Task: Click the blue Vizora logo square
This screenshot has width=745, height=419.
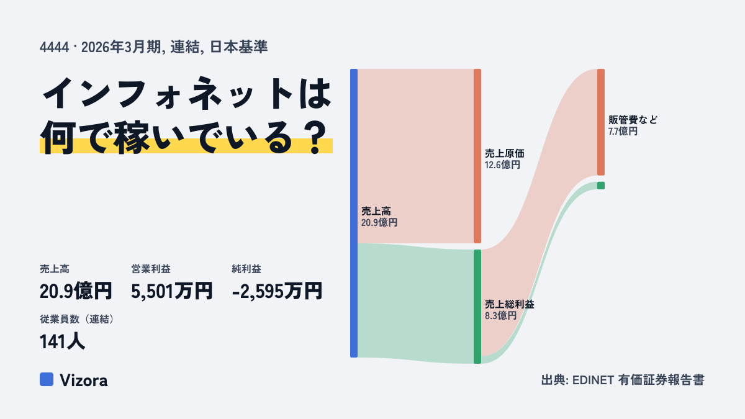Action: point(47,379)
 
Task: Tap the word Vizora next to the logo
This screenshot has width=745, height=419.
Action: point(84,381)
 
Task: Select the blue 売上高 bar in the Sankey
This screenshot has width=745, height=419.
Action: point(354,213)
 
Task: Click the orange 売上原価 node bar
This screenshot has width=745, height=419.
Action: point(477,156)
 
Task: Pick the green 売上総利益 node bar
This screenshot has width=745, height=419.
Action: point(477,307)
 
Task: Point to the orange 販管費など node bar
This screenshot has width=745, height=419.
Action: point(601,122)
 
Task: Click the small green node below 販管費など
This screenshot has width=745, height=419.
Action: point(601,186)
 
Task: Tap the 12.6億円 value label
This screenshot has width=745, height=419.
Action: point(502,165)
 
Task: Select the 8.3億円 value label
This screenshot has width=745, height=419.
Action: point(500,315)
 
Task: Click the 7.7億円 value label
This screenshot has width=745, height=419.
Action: point(623,132)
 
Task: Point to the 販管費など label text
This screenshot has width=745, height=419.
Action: point(633,120)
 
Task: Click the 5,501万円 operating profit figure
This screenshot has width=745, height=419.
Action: point(171,291)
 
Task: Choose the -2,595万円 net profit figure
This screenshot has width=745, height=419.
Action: point(277,291)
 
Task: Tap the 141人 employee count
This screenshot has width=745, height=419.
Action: point(62,341)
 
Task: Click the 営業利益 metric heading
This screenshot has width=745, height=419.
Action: point(151,269)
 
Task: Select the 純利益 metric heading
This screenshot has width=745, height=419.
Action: point(246,269)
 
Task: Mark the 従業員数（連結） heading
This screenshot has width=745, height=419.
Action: point(77,319)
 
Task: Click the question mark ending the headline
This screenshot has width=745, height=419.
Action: point(315,138)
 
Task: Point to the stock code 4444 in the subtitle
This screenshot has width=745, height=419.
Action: point(54,47)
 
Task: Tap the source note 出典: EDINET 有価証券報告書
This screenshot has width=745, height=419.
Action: point(623,380)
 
